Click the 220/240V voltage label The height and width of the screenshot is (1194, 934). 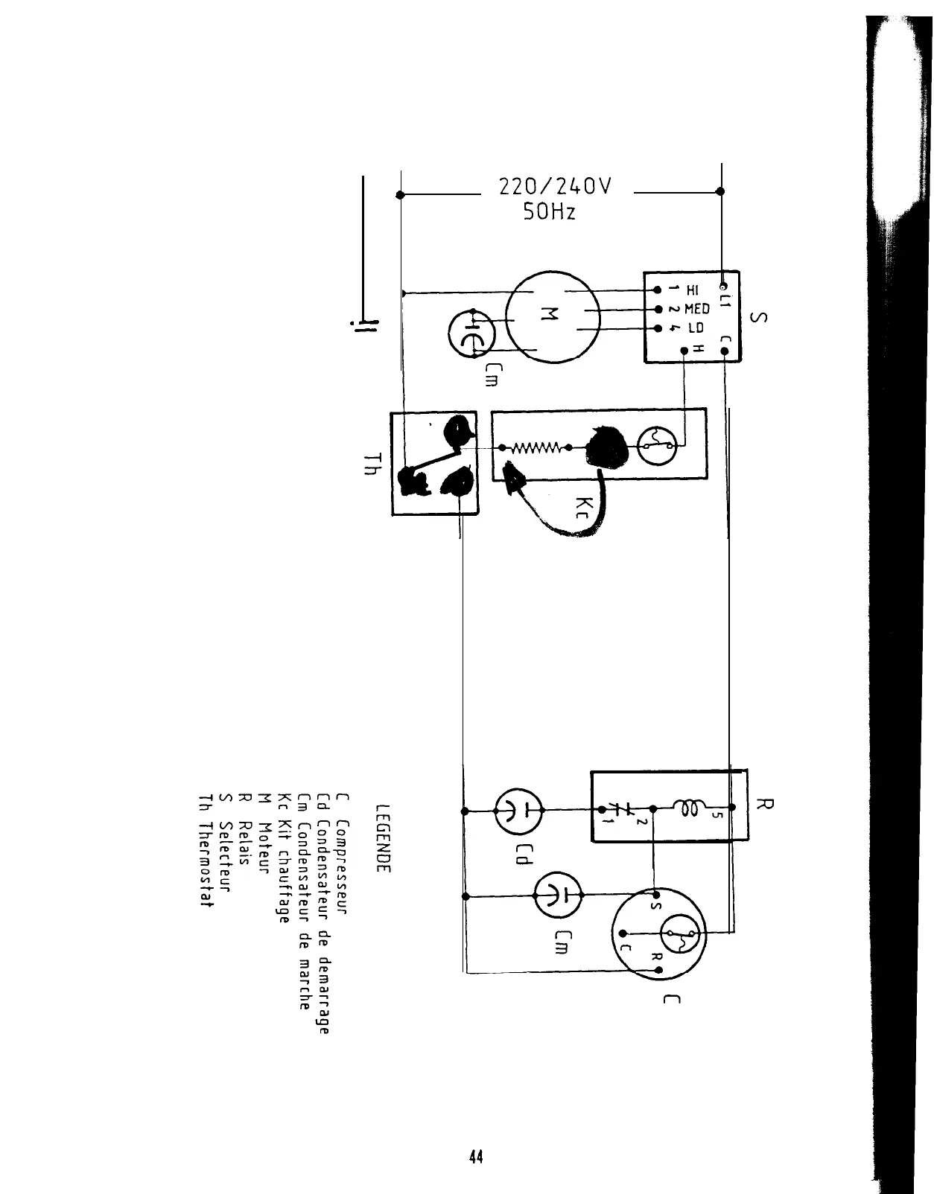coord(555,186)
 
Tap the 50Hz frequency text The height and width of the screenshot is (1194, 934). coord(549,212)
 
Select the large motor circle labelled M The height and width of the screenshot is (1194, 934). coord(553,316)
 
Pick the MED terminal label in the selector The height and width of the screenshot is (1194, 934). coord(696,309)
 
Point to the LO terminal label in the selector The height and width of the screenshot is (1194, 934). coord(695,328)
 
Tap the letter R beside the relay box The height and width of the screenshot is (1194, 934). coord(765,805)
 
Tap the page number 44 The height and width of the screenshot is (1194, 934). coord(476,1158)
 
